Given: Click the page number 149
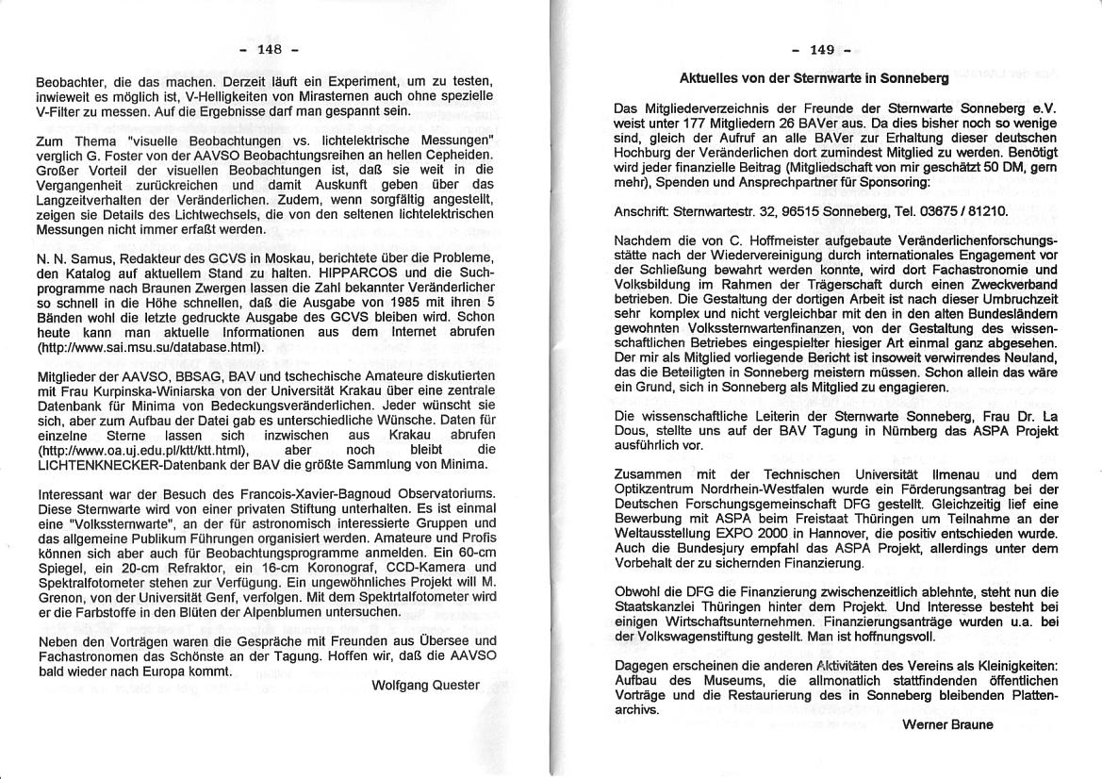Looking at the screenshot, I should click(822, 50).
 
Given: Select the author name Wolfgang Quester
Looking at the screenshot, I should click(426, 685).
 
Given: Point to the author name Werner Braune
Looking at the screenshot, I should click(947, 724).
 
